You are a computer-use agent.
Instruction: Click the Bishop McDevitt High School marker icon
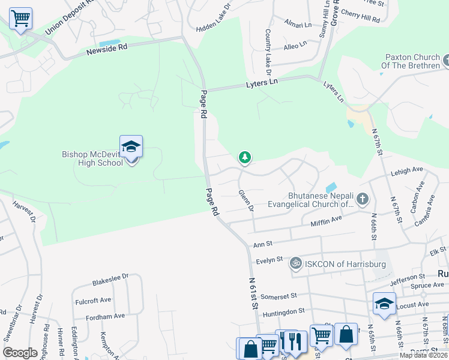131,146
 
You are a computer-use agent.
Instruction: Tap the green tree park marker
244,158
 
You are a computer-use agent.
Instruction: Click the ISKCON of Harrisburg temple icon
295,263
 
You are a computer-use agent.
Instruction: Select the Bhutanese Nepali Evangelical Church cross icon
361,198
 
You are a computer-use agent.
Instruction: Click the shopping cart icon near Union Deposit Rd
20,19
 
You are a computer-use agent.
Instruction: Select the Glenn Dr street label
246,201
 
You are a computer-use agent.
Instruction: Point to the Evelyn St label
269,260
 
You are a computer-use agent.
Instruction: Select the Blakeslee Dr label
110,280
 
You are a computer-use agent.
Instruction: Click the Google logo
20,352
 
